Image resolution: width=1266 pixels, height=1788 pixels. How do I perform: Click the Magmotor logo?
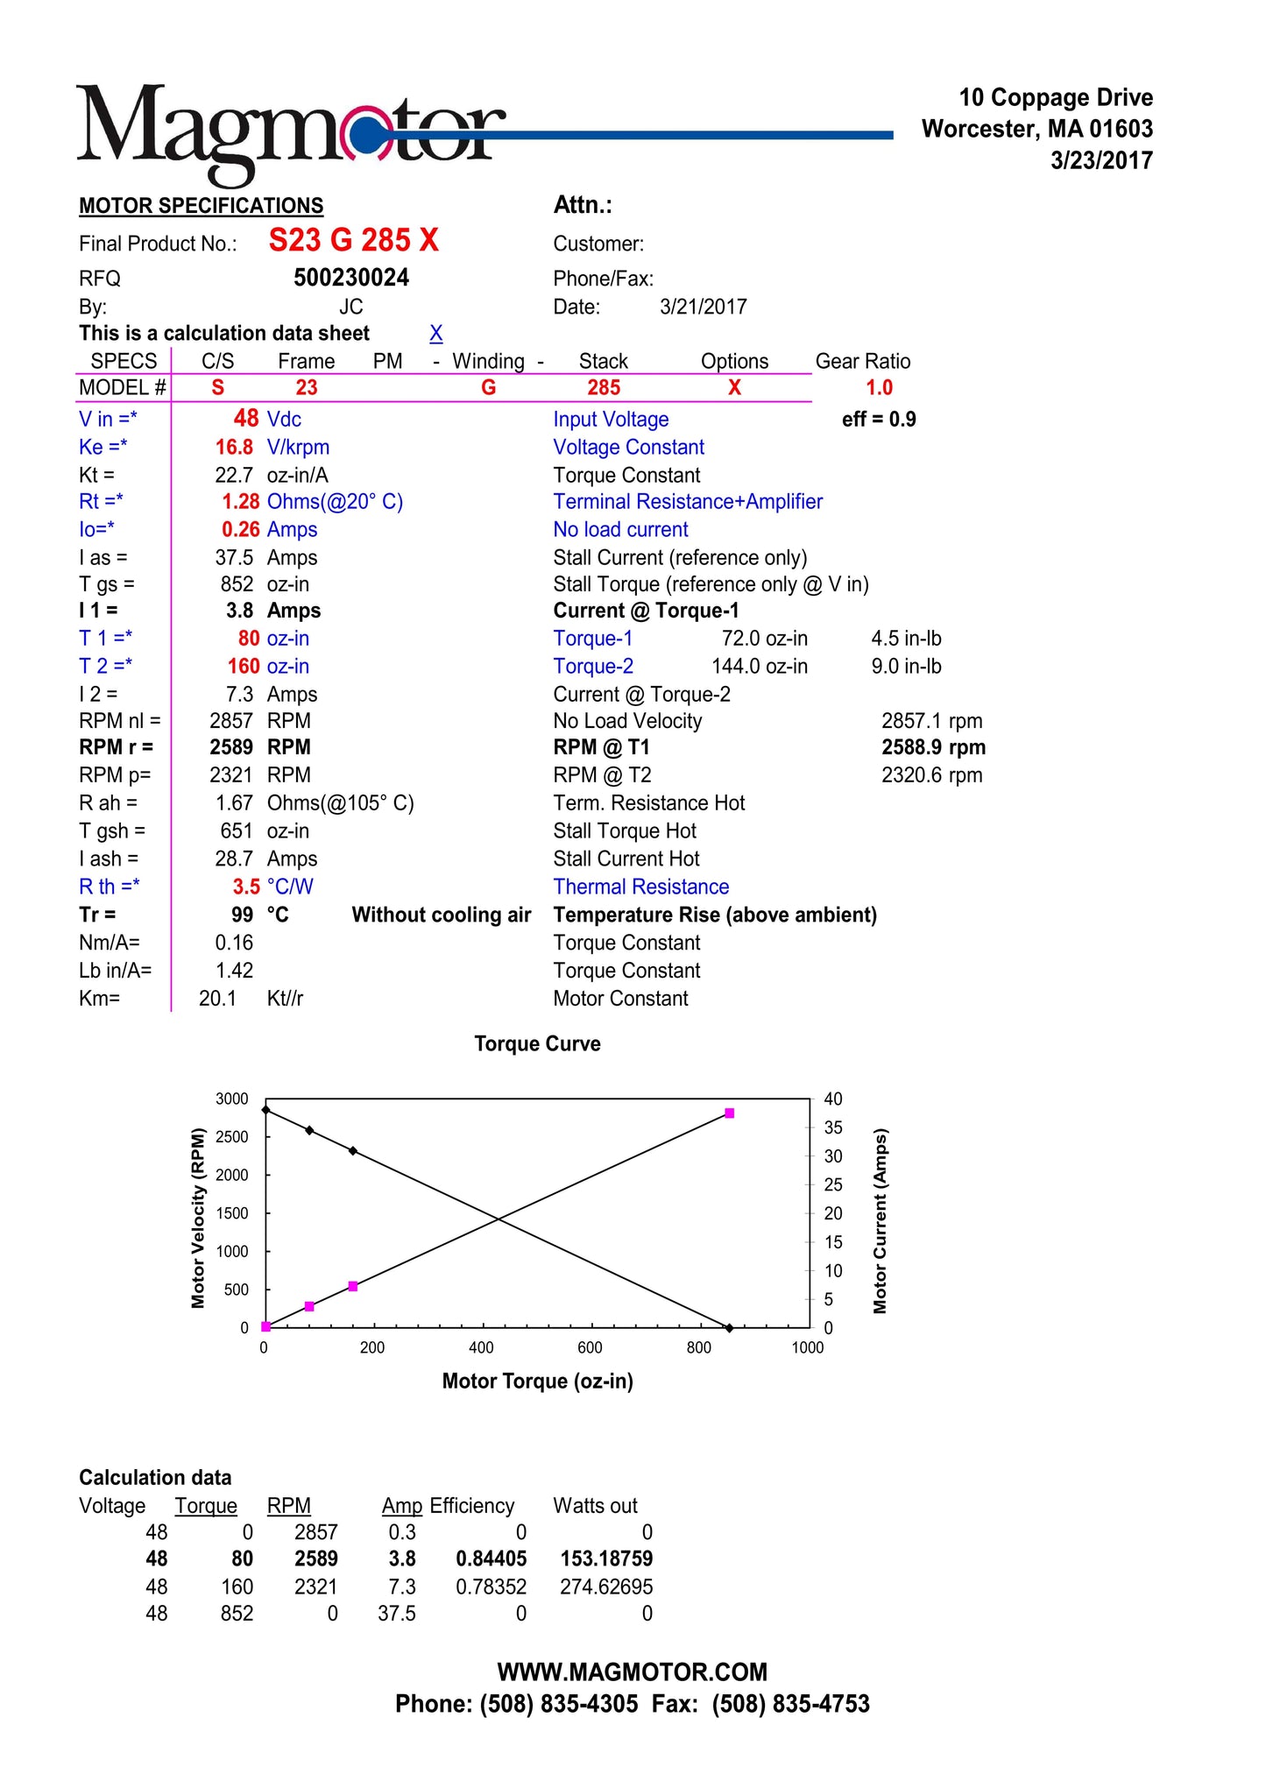289,131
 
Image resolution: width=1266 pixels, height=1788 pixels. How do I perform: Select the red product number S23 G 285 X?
353,240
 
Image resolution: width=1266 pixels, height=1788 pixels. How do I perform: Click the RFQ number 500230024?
351,279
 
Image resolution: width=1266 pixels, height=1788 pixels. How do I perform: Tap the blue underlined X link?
435,334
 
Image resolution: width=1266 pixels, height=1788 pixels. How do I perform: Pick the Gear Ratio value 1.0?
879,388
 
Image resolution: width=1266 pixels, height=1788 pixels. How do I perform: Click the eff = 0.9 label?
879,420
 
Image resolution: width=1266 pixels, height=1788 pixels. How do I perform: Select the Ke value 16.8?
234,448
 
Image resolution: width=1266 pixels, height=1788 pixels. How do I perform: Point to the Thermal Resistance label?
640,887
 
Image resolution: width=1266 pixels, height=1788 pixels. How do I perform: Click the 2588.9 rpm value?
933,748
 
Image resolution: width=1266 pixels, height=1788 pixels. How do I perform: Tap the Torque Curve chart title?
537,1044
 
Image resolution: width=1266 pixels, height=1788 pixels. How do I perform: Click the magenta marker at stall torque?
729,1113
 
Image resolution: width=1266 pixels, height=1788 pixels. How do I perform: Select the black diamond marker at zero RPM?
729,1328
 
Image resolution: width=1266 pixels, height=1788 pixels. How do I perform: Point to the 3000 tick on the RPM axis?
232,1099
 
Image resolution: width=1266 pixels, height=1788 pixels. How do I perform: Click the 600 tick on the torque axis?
590,1348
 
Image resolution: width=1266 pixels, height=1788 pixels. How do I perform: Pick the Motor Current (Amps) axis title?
880,1220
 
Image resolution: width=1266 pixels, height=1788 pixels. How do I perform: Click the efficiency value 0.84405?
491,1559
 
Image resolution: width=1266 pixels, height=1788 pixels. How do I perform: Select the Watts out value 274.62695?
606,1587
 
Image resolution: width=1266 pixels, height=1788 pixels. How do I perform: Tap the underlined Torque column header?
206,1507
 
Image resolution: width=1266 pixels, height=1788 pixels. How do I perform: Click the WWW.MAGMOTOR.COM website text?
632,1672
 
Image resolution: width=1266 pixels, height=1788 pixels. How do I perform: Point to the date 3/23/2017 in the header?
1101,161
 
